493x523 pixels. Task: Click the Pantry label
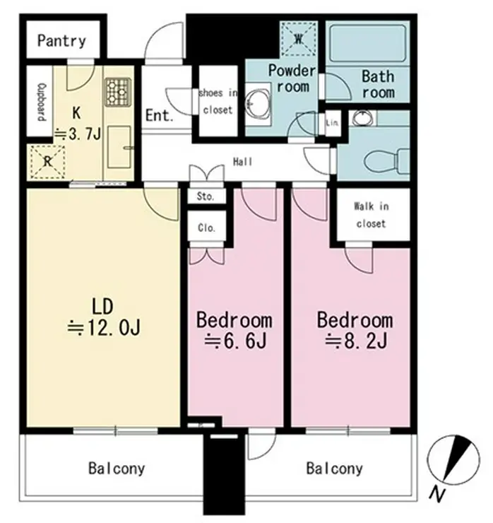61,41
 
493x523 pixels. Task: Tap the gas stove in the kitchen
118,92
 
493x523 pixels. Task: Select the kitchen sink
119,147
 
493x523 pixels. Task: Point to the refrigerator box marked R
47,161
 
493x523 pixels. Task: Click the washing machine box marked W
298,39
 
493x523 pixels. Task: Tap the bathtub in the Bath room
367,43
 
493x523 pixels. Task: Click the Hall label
243,162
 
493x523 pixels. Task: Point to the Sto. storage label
206,196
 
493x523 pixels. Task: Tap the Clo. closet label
206,228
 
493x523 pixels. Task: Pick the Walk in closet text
372,215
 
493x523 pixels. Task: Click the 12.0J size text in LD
104,327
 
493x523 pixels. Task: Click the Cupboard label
42,102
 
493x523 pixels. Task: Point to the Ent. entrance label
160,115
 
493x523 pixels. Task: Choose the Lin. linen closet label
333,123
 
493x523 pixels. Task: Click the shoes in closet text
218,101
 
